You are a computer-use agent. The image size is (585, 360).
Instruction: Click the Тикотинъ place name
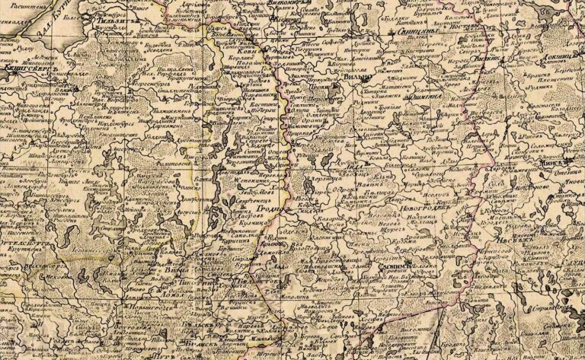[x=190, y=282]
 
